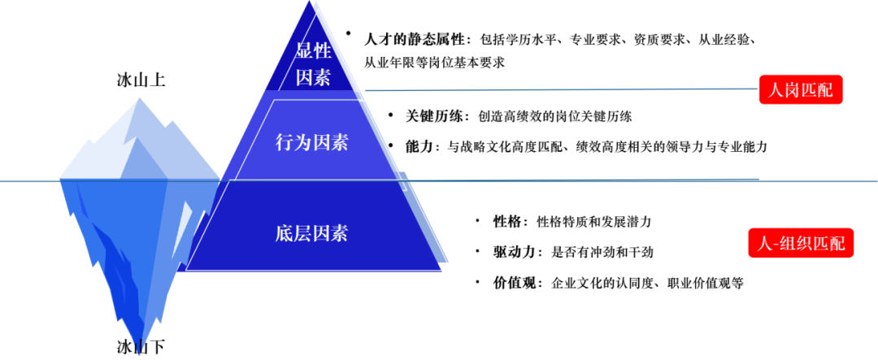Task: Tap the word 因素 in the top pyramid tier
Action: (313, 79)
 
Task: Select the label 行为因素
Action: (312, 143)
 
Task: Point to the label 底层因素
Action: (312, 234)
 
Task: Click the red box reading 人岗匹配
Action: (801, 89)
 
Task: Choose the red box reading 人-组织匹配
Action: (801, 243)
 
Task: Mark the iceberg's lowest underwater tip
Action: (141, 351)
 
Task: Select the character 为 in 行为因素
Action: (303, 143)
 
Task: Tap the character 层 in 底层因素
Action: (303, 234)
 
